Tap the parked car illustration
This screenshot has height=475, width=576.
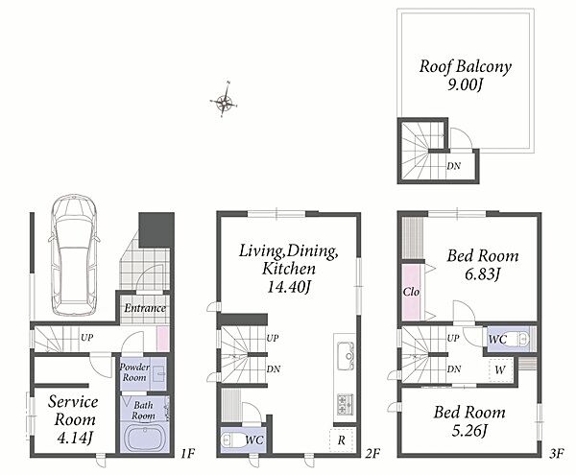tap(74, 254)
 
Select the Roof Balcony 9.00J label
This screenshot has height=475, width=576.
tap(465, 75)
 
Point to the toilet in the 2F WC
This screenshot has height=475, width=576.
tap(232, 439)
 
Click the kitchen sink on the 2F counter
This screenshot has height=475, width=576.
tap(346, 356)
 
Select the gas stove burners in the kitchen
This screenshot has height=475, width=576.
tap(346, 404)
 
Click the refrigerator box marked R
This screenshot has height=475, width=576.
tap(342, 439)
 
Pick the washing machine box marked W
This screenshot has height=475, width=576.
tap(500, 370)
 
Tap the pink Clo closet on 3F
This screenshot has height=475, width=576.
tap(411, 292)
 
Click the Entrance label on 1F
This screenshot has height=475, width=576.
tap(145, 308)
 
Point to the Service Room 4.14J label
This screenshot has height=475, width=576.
tap(73, 420)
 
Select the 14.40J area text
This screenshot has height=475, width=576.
tap(289, 287)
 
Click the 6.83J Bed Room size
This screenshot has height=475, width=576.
tap(483, 274)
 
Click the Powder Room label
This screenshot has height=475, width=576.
tap(134, 372)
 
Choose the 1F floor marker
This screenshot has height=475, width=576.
tap(187, 454)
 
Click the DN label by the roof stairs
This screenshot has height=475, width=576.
tap(454, 166)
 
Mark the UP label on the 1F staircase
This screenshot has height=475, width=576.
tap(86, 338)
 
